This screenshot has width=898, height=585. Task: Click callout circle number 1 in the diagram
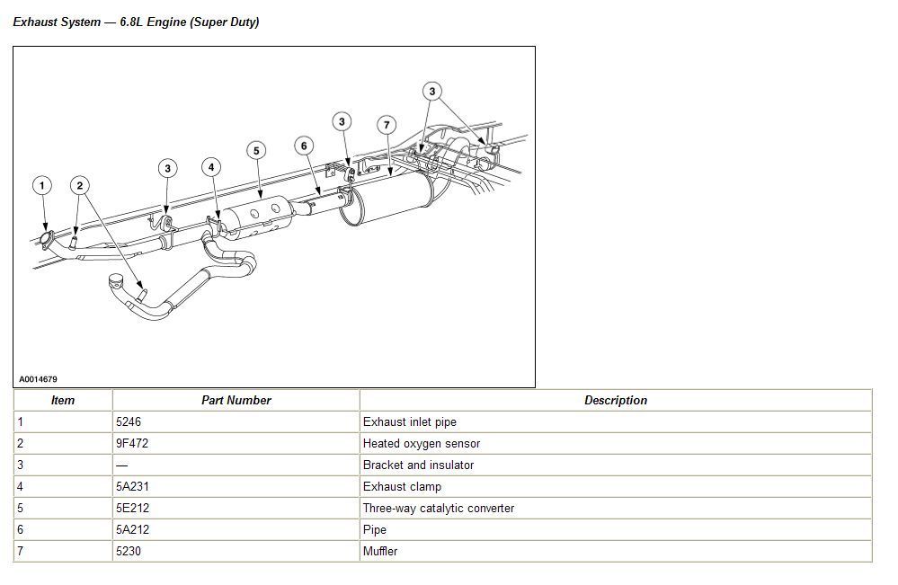[x=41, y=186]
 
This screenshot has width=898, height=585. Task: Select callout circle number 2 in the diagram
[x=80, y=186]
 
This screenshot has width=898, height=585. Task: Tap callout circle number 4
[x=211, y=167]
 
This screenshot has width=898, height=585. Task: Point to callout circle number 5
[x=256, y=150]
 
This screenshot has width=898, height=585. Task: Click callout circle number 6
[x=304, y=146]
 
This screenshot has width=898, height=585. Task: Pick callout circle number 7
[x=386, y=125]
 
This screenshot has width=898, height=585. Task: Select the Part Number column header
[x=236, y=401]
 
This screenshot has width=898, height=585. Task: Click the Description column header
[x=615, y=401]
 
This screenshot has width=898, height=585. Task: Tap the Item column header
[x=63, y=401]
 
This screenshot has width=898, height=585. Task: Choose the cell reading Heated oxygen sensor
[x=421, y=443]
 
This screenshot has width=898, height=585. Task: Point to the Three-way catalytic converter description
[x=438, y=508]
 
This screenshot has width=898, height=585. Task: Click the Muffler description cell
[x=379, y=551]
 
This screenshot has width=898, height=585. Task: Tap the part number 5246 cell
[x=129, y=421]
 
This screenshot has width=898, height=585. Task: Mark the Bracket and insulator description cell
[x=418, y=465]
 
